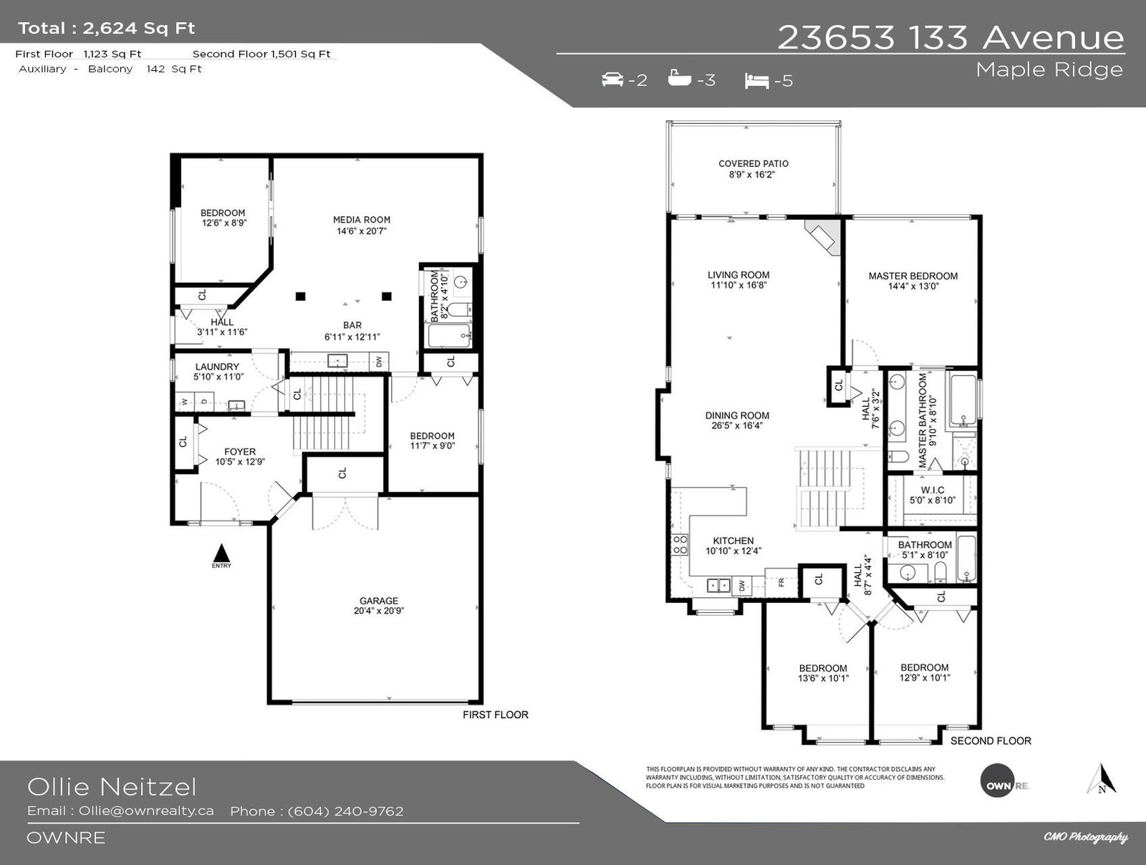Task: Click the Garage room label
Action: [x=378, y=606]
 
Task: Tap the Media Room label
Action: [x=361, y=226]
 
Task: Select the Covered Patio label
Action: [x=753, y=169]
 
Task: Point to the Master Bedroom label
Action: [x=913, y=281]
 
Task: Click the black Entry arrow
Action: [x=222, y=554]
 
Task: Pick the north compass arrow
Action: [x=1102, y=780]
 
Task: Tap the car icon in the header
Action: [x=612, y=79]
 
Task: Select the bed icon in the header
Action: [x=756, y=81]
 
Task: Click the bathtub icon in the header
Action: [x=679, y=78]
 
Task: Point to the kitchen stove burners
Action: [x=680, y=545]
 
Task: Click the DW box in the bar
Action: [x=379, y=361]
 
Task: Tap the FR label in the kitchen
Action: [x=781, y=583]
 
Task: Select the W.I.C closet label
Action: [x=933, y=495]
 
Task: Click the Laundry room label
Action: [x=217, y=372]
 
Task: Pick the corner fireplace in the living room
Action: [x=822, y=238]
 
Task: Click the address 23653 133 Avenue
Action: [x=950, y=37]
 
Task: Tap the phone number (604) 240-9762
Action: [x=346, y=811]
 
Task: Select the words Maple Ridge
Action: [x=1049, y=70]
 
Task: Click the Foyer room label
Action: [x=240, y=457]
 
